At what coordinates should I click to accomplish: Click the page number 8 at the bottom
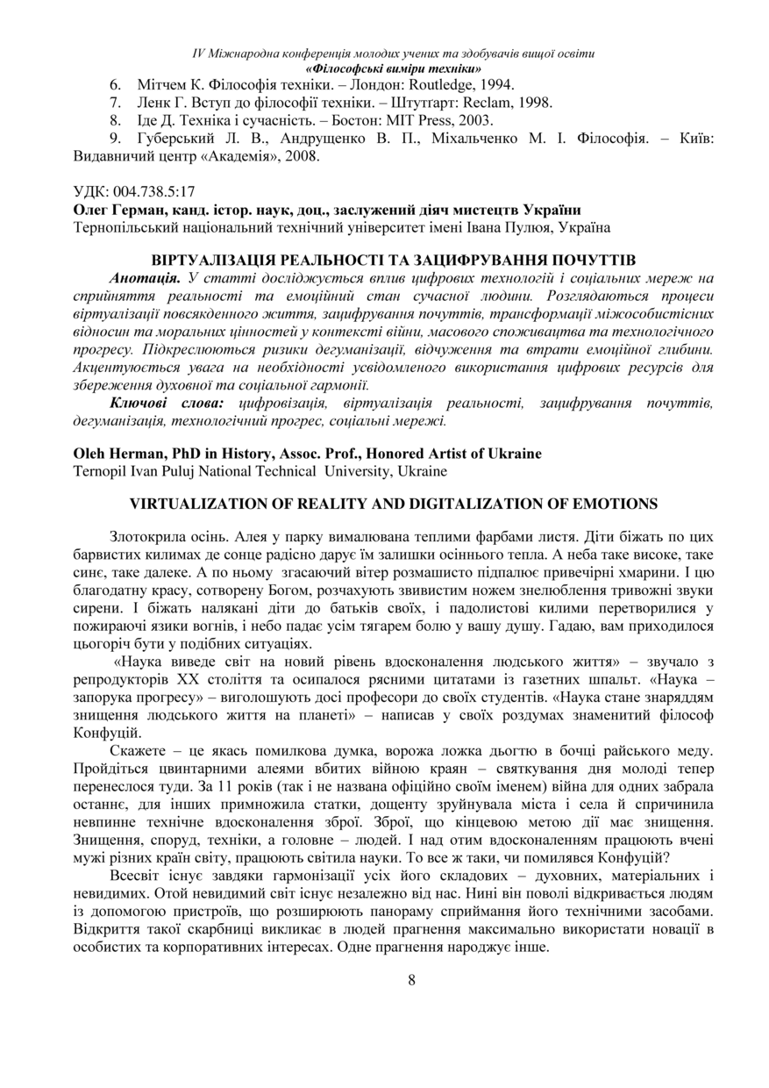(411, 981)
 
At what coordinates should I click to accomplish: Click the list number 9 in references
(114, 140)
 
